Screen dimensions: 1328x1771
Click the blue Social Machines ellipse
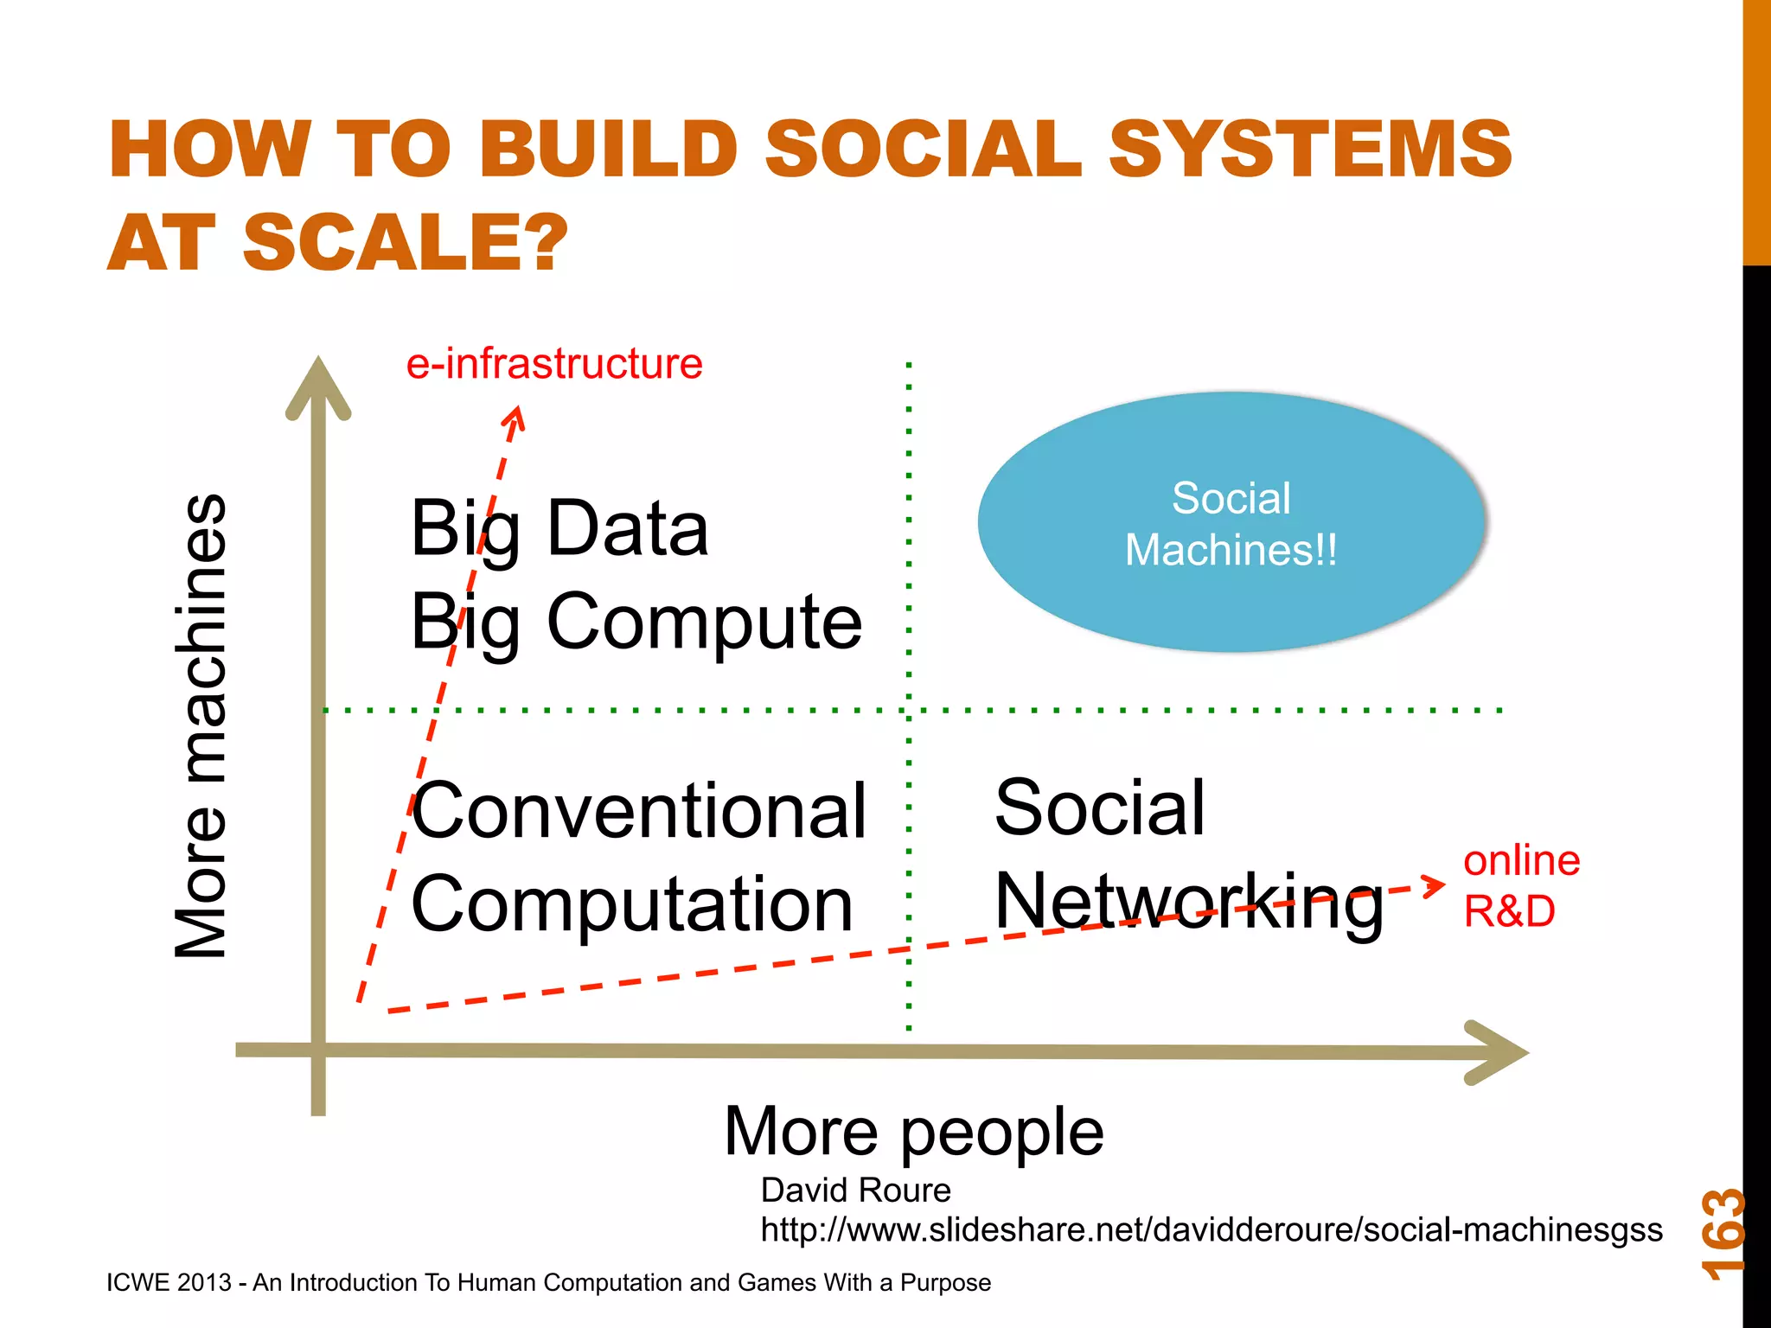click(x=1231, y=522)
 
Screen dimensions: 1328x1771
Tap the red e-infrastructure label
click(x=554, y=364)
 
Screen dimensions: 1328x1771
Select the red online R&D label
click(x=1520, y=885)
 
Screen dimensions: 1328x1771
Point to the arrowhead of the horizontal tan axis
click(x=1501, y=1052)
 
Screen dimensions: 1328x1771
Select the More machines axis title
click(x=201, y=726)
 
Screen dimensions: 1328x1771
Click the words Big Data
click(x=559, y=529)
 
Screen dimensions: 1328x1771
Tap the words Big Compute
click(x=636, y=622)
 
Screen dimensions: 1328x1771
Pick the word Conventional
click(x=638, y=811)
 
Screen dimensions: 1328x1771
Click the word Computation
click(x=631, y=904)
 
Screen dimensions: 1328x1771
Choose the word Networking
click(x=1188, y=903)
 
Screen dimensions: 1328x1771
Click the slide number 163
click(x=1722, y=1235)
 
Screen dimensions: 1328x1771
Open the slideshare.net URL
click(x=1211, y=1229)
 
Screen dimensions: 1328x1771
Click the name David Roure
click(x=855, y=1191)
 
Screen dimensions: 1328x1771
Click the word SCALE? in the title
click(x=405, y=242)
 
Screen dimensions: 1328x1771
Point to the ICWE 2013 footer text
click(x=548, y=1282)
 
